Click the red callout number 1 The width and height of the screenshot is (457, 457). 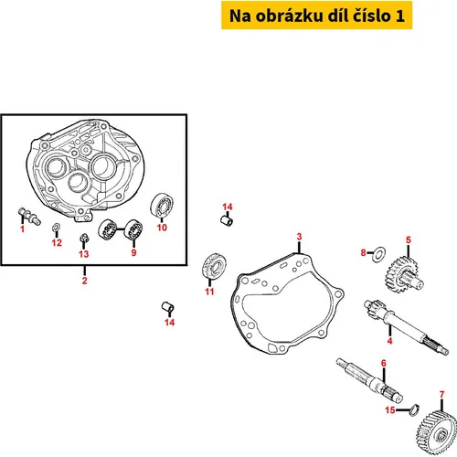point(22,228)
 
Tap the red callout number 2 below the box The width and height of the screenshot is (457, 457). point(85,281)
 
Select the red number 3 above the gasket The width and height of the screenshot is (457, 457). point(299,237)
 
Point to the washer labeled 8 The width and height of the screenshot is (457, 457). point(379,252)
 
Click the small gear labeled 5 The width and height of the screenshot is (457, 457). point(404,274)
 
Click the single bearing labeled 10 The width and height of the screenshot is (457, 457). point(163,206)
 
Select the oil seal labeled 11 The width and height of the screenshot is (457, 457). point(214,265)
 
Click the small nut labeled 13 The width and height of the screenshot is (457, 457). point(84,238)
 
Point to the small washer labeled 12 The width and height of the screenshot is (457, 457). point(57,227)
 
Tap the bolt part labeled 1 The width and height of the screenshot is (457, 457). point(29,216)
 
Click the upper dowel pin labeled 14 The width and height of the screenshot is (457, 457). point(227,220)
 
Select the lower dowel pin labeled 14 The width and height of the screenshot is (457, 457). point(168,307)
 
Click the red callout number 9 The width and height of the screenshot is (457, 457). point(133,252)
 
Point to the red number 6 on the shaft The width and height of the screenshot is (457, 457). point(384,363)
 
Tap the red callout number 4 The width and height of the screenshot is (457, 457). point(389,341)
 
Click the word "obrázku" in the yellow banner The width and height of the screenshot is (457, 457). point(289,16)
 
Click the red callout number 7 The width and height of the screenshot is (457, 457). point(442,395)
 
